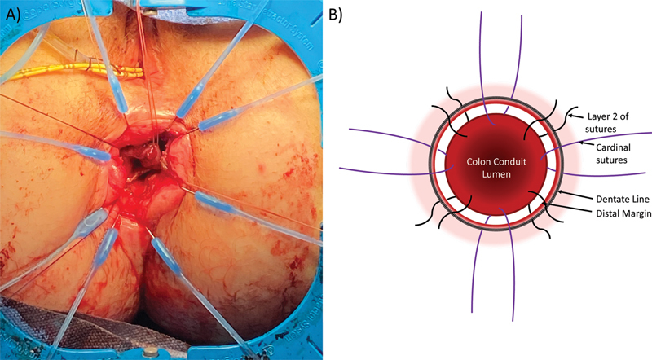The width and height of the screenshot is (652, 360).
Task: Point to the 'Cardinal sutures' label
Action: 614,155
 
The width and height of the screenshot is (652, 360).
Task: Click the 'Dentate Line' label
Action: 615,198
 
